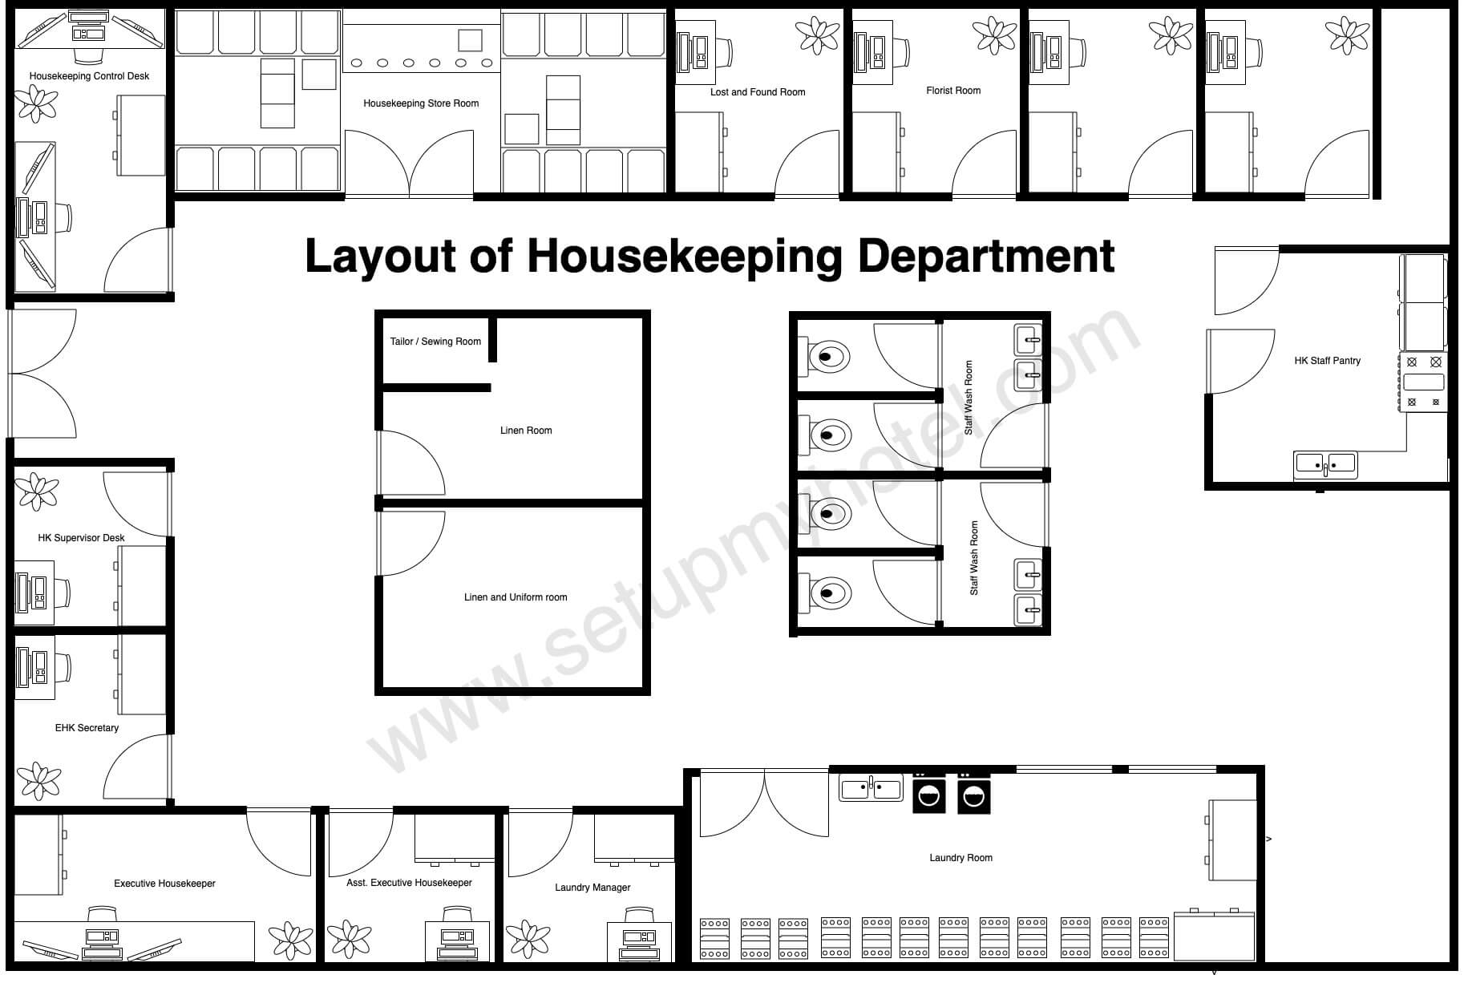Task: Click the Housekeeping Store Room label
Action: click(x=421, y=103)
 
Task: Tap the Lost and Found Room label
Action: click(x=758, y=92)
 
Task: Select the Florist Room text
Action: click(x=953, y=91)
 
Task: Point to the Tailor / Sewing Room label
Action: click(x=435, y=342)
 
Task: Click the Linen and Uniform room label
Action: click(x=516, y=597)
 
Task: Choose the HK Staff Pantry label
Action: click(x=1327, y=361)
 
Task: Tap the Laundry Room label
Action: click(x=960, y=858)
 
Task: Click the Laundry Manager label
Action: click(x=592, y=888)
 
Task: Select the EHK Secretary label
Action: click(x=87, y=728)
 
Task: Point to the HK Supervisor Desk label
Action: click(x=81, y=538)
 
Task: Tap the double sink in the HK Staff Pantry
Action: click(x=1325, y=464)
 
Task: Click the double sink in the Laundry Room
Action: click(x=871, y=787)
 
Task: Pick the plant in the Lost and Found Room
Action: click(x=817, y=36)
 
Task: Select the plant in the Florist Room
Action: click(x=994, y=36)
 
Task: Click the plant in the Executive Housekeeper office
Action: click(x=290, y=941)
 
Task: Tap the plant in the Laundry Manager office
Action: click(x=528, y=941)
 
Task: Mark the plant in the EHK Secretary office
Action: click(x=38, y=780)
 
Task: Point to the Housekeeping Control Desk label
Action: click(x=89, y=76)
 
